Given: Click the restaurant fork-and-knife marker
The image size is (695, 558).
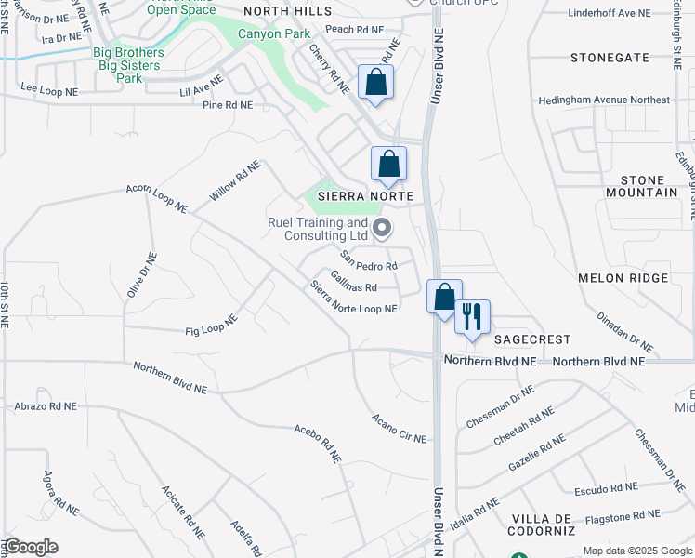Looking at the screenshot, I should pos(473,316).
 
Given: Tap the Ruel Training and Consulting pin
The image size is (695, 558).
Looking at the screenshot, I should pos(381,227).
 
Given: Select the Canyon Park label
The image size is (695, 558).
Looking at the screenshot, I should pos(247,34).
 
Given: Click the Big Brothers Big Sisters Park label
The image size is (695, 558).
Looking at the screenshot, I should pos(128,65).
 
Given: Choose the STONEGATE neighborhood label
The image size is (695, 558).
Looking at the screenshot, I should pos(610,58).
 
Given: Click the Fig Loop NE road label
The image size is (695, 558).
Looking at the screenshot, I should pos(212,325).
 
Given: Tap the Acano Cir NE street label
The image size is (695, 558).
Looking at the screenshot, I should pos(399,428).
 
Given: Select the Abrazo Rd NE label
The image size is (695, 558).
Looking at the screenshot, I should pos(46,406).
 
